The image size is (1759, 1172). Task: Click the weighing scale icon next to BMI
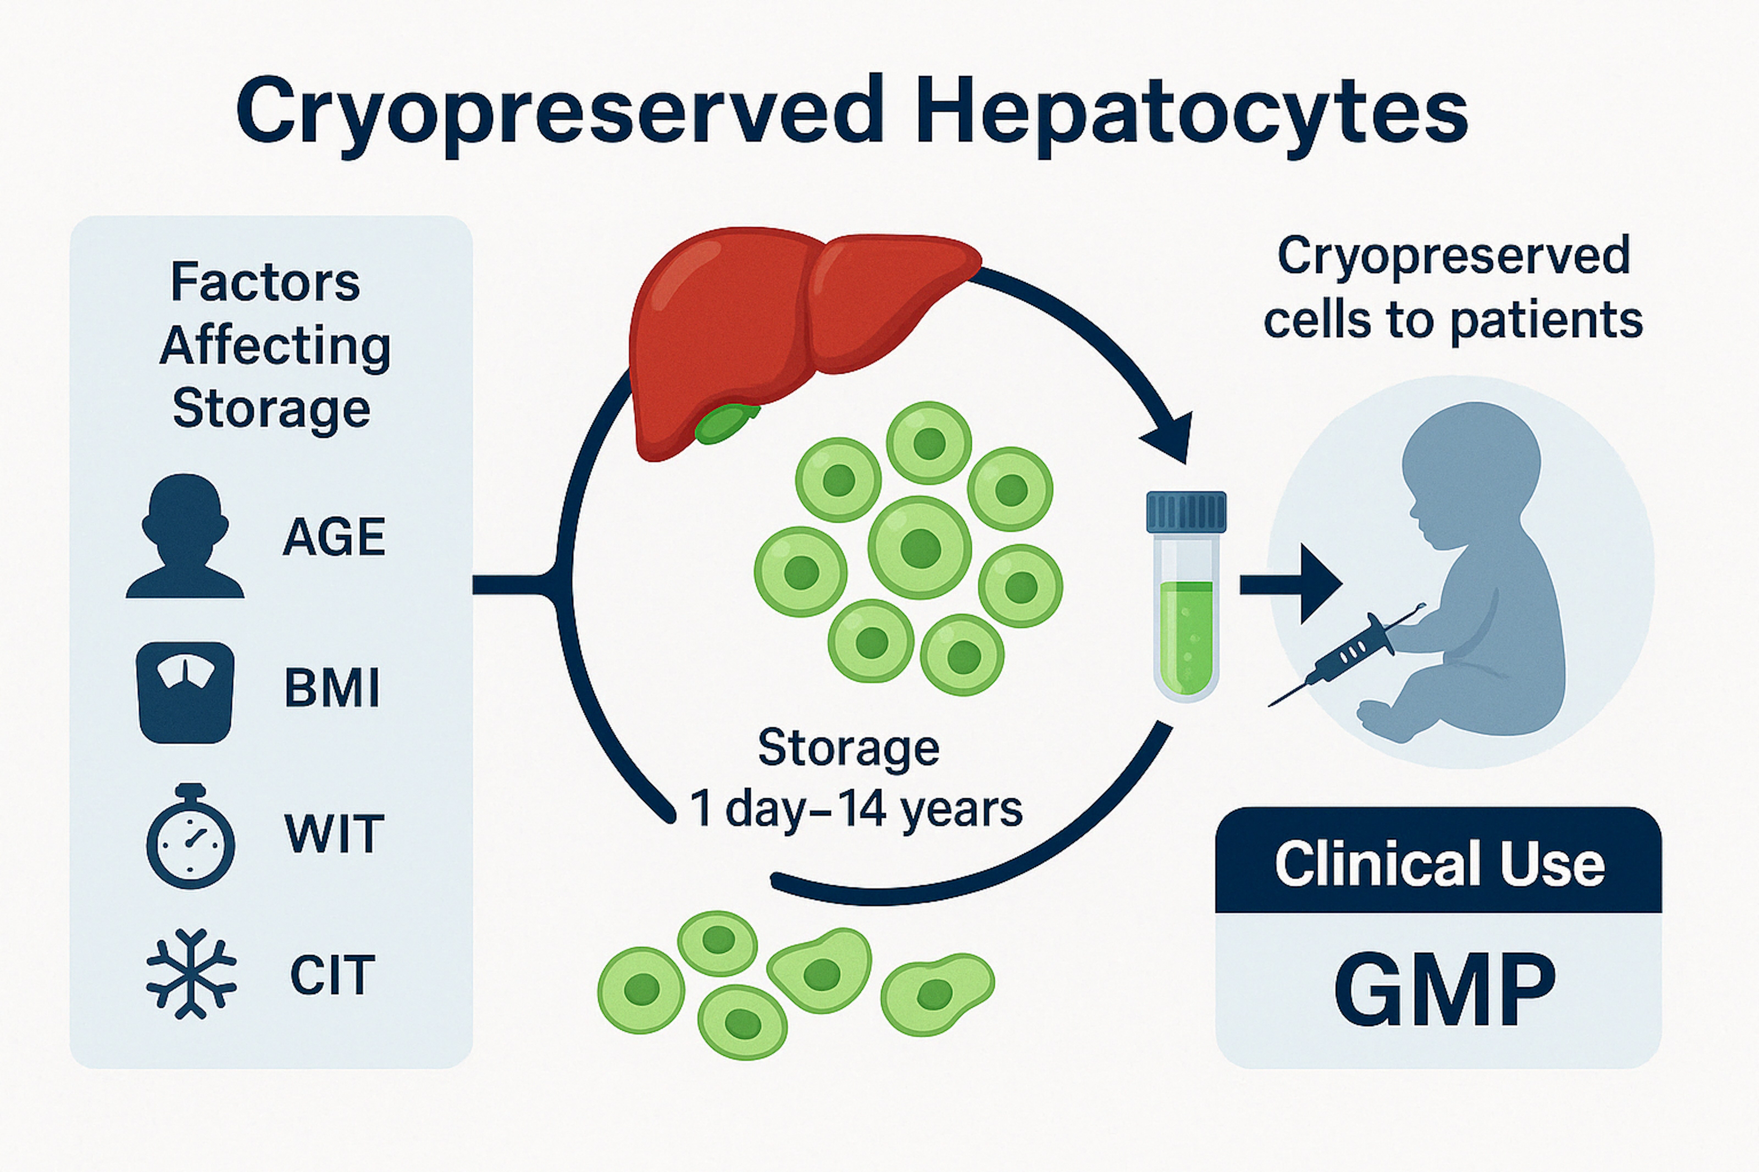pyautogui.click(x=185, y=692)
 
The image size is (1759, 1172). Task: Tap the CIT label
pyautogui.click(x=332, y=975)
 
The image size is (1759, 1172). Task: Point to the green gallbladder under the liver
pyautogui.click(x=725, y=423)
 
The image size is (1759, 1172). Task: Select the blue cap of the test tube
pyautogui.click(x=1186, y=512)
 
